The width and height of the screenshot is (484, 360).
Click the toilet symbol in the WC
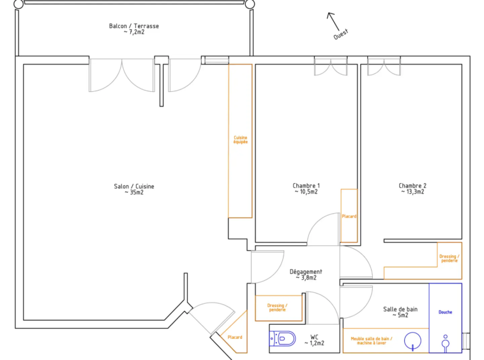(x=282, y=339)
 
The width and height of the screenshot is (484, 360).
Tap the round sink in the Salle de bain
(x=412, y=341)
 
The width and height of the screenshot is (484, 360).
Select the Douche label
(x=445, y=312)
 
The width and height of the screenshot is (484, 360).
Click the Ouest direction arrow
(x=333, y=22)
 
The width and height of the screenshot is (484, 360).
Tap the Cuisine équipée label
(x=241, y=140)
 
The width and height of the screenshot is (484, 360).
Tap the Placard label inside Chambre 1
(x=349, y=216)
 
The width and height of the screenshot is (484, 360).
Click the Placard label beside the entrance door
(x=235, y=337)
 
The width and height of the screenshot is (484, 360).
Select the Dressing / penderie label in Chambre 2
(x=450, y=259)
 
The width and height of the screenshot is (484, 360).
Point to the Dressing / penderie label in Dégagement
(x=277, y=308)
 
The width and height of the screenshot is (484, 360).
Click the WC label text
(x=314, y=337)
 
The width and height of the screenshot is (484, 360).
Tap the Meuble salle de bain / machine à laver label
(x=372, y=341)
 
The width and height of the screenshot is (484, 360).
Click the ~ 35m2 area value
(x=134, y=193)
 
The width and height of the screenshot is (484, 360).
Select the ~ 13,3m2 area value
(x=412, y=192)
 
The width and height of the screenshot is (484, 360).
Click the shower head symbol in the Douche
(x=445, y=343)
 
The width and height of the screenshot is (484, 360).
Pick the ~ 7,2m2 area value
(x=134, y=32)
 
